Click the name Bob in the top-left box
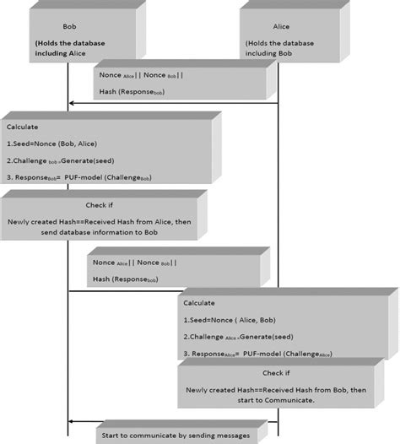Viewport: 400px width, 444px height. click(69, 26)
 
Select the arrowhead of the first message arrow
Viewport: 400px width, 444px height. click(73, 103)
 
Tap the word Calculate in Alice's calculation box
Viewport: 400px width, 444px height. click(199, 302)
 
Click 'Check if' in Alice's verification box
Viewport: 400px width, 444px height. click(283, 374)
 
